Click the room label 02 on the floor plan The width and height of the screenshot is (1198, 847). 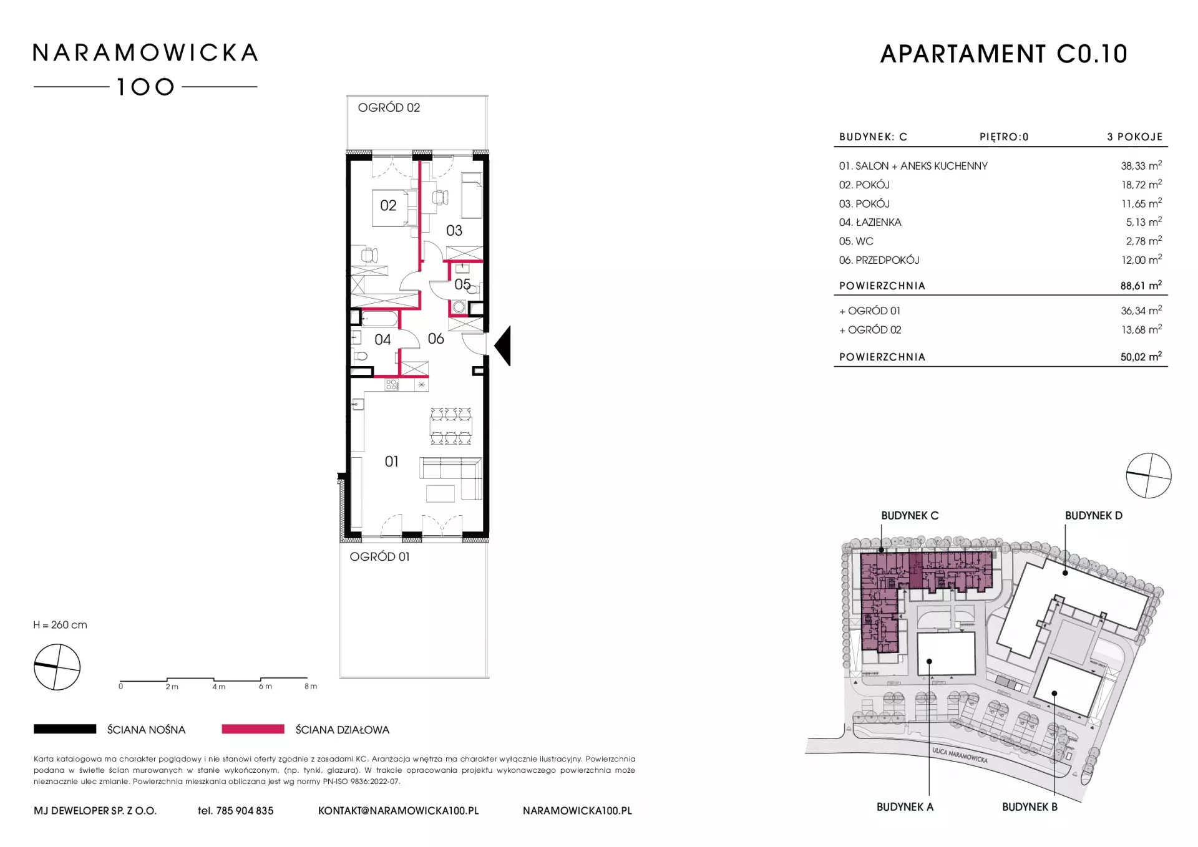pos(388,205)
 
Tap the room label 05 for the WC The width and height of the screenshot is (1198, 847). pos(462,284)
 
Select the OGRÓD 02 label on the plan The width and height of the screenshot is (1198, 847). pos(389,107)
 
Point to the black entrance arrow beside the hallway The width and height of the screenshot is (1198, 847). pos(503,346)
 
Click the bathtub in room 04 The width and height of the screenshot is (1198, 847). pos(380,319)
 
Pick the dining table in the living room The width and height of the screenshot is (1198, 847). pos(450,427)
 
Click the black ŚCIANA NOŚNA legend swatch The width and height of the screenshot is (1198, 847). pos(65,728)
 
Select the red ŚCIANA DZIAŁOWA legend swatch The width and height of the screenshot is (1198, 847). pos(253,728)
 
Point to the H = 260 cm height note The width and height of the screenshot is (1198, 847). pos(61,625)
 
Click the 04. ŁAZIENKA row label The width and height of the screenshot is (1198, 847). pos(870,222)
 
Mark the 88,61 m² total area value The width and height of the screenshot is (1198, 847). pos(1141,285)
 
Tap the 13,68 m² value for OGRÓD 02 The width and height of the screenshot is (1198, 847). pos(1141,329)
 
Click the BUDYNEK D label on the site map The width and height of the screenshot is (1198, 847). pos(1093,515)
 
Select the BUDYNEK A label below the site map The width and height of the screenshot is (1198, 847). pos(905,806)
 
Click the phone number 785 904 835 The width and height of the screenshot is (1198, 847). pos(245,811)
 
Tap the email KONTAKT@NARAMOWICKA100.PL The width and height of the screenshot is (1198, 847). pos(399,811)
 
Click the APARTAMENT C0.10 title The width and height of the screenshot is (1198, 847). pos(1003,54)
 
